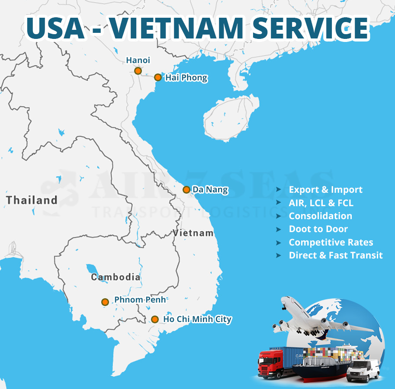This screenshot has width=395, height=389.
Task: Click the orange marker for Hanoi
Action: coord(138,71)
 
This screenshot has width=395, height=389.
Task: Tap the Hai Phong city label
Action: coord(186,78)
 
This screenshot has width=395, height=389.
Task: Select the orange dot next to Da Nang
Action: coord(186,189)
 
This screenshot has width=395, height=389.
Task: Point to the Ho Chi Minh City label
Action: coord(197,319)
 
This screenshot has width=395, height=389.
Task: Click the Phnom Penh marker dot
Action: coord(105,302)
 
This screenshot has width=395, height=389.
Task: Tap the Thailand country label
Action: coord(32,200)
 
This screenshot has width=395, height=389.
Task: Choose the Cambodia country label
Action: coord(116,277)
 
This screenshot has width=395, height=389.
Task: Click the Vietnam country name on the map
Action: coord(193,233)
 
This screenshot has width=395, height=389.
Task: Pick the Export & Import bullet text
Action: coord(325,190)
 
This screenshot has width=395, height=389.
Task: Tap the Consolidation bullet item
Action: coord(320,216)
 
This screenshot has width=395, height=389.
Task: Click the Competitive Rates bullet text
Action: coord(331,242)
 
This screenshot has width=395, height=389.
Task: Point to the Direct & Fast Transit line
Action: coord(336,255)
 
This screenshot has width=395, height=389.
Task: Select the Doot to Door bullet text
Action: coord(318,229)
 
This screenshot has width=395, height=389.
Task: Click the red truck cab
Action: coord(267,364)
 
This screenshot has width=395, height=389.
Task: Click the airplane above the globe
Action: coord(316,318)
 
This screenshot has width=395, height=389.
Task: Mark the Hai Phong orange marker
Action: coord(158,78)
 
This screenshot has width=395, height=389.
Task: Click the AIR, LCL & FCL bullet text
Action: coord(321,203)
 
